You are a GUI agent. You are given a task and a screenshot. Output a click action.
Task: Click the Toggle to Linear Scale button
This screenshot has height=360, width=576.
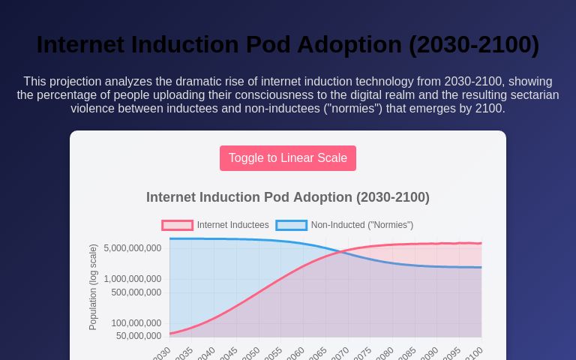288,158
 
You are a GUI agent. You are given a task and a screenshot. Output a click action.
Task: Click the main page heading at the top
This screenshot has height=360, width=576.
288,45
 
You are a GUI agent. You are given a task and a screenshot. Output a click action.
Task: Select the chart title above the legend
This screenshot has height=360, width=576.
288,197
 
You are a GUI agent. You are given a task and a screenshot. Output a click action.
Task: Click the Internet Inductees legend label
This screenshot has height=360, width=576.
232,225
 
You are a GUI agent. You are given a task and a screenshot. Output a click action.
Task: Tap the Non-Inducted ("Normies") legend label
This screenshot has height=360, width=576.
361,225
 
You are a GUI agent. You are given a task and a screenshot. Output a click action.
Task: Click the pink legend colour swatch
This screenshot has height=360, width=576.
178,225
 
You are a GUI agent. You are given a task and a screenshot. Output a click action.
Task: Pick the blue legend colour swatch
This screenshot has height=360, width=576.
292,225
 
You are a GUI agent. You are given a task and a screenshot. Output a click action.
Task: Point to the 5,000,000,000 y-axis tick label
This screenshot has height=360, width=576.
133,248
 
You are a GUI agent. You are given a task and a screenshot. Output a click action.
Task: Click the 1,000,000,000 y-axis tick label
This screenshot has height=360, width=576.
133,279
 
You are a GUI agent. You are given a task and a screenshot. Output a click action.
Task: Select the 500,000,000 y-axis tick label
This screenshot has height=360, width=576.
136,292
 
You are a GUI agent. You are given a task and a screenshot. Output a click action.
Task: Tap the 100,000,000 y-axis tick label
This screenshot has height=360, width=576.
136,323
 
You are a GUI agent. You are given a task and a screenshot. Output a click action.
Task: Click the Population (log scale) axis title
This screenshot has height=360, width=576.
94,286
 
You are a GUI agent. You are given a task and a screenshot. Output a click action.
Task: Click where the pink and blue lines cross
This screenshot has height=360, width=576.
343,252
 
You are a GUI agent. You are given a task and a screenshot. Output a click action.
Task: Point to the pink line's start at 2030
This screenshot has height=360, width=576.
170,333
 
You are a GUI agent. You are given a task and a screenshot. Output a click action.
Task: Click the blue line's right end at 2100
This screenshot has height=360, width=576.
481,267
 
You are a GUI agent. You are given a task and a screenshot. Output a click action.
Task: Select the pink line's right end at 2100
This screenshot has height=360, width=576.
481,243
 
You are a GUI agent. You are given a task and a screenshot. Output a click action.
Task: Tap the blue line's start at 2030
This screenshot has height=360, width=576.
170,238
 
